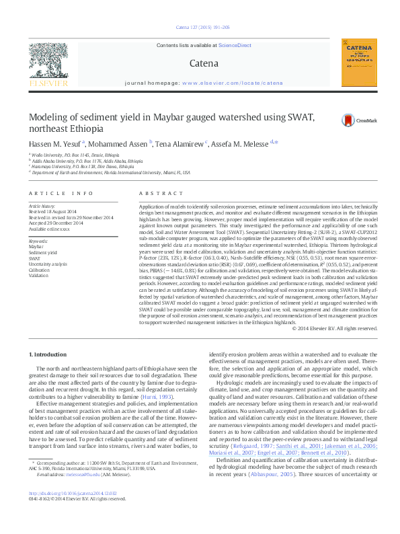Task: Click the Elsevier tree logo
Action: pyautogui.click(x=48, y=63)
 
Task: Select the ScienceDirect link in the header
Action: pyautogui.click(x=235, y=45)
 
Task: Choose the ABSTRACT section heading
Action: pyautogui.click(x=151, y=193)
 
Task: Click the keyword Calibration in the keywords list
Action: pyautogui.click(x=38, y=270)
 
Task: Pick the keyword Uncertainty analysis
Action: pyautogui.click(x=46, y=264)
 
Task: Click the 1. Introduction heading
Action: pyautogui.click(x=48, y=354)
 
